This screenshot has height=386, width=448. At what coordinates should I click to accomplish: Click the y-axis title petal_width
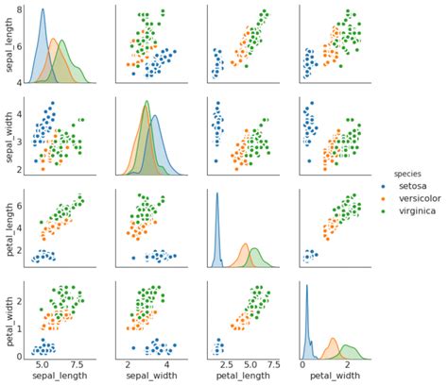[x=8, y=321]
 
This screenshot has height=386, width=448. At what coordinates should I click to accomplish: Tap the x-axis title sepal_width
[x=148, y=378]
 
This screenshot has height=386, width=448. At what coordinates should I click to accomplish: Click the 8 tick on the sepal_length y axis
[x=19, y=8]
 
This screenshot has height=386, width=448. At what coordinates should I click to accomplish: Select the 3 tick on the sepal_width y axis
[x=19, y=139]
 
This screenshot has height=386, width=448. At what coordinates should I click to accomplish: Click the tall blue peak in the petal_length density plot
[x=217, y=195]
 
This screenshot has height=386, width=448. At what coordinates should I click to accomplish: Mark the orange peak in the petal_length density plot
[x=244, y=244]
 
